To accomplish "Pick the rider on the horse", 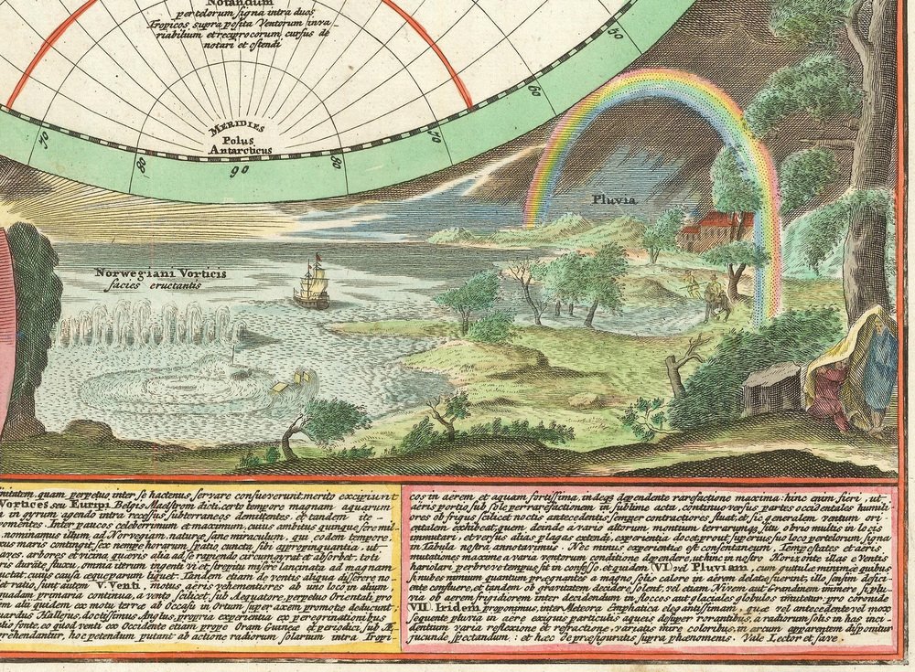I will pos(718,302).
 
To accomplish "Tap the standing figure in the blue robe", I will pos(878,366).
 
